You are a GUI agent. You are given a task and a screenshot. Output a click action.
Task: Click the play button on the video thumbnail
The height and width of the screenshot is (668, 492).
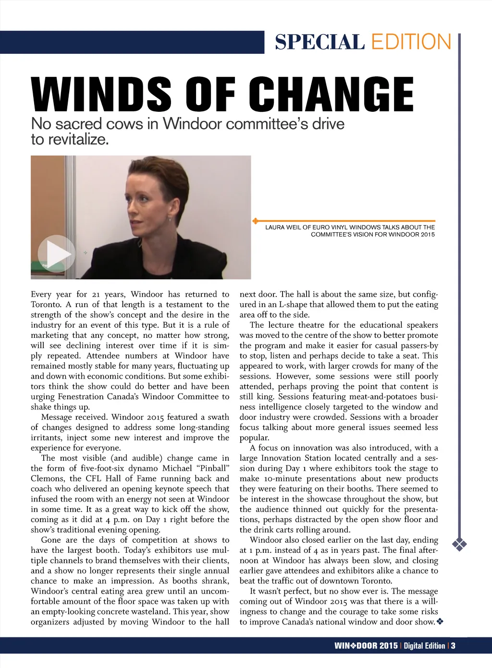click(x=56, y=253)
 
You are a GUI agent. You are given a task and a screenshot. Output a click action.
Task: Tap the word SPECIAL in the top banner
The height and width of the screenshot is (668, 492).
click(x=319, y=42)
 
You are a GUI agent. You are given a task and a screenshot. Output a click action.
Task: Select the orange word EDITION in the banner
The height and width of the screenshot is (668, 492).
click(x=411, y=42)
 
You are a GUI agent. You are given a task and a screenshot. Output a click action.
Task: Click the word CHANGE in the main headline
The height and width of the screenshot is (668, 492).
click(x=331, y=95)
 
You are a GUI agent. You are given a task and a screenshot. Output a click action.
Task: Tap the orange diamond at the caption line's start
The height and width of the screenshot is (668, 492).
click(x=255, y=221)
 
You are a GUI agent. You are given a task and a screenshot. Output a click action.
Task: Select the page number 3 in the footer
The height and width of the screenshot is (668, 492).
click(x=453, y=646)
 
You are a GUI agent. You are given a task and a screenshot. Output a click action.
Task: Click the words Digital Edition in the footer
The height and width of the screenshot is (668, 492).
click(x=424, y=646)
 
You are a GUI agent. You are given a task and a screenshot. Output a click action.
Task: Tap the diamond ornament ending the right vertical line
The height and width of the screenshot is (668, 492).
click(x=460, y=544)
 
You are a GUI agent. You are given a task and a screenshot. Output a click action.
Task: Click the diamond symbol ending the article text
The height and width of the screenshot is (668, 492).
click(x=440, y=622)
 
